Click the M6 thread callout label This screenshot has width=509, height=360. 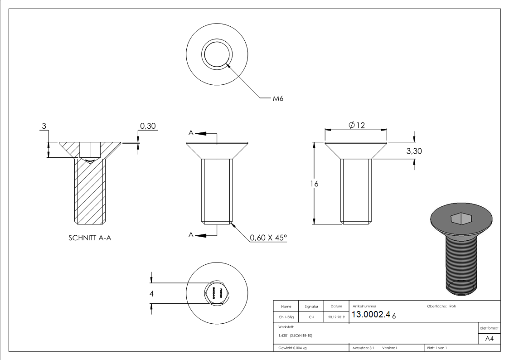click(278, 98)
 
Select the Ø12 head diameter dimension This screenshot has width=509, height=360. click(357, 126)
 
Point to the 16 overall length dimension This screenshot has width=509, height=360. click(315, 184)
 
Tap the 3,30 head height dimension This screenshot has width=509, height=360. click(414, 151)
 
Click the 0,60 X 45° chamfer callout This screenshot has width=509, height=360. click(268, 238)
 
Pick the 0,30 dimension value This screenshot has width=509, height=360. click(148, 126)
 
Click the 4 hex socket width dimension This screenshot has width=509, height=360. click(152, 294)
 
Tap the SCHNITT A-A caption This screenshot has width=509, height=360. click(90, 238)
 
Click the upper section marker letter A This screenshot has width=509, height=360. click(191, 133)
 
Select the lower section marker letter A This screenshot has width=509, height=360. click(191, 235)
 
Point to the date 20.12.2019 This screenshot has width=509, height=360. click(336, 317)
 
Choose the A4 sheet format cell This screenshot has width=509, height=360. click(489, 339)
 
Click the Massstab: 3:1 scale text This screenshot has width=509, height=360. click(363, 348)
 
